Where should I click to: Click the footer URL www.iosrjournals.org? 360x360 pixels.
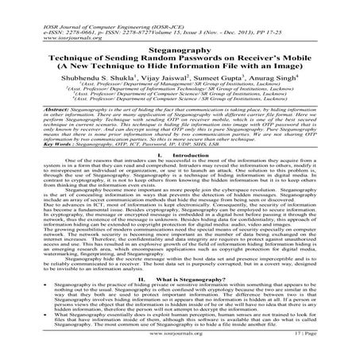pyautogui.click(x=180, y=347)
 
